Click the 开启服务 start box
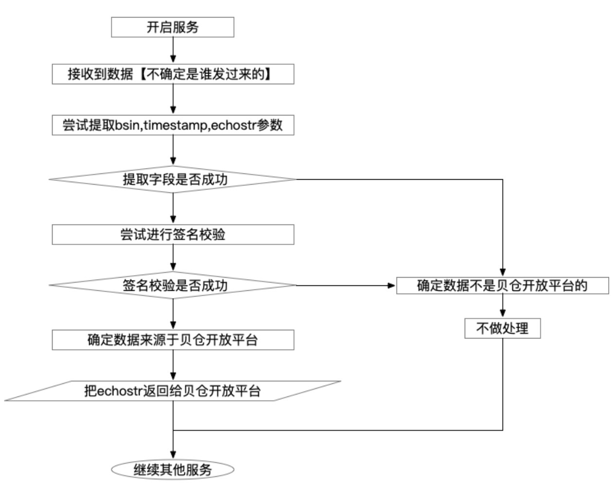tap(173, 27)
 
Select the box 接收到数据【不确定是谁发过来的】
tap(173, 75)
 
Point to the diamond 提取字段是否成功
tap(173, 179)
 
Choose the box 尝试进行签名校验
tap(173, 234)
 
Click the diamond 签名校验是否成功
tap(173, 285)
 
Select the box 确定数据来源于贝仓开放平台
tap(173, 339)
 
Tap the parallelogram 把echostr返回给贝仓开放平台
tap(173, 391)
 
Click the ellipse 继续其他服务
tap(173, 470)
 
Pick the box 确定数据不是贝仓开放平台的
tap(502, 285)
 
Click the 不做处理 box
tap(502, 328)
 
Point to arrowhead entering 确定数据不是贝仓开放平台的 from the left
tap(392, 285)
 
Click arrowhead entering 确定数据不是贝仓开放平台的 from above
tap(503, 273)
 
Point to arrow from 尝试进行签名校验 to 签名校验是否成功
tap(173, 258)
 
